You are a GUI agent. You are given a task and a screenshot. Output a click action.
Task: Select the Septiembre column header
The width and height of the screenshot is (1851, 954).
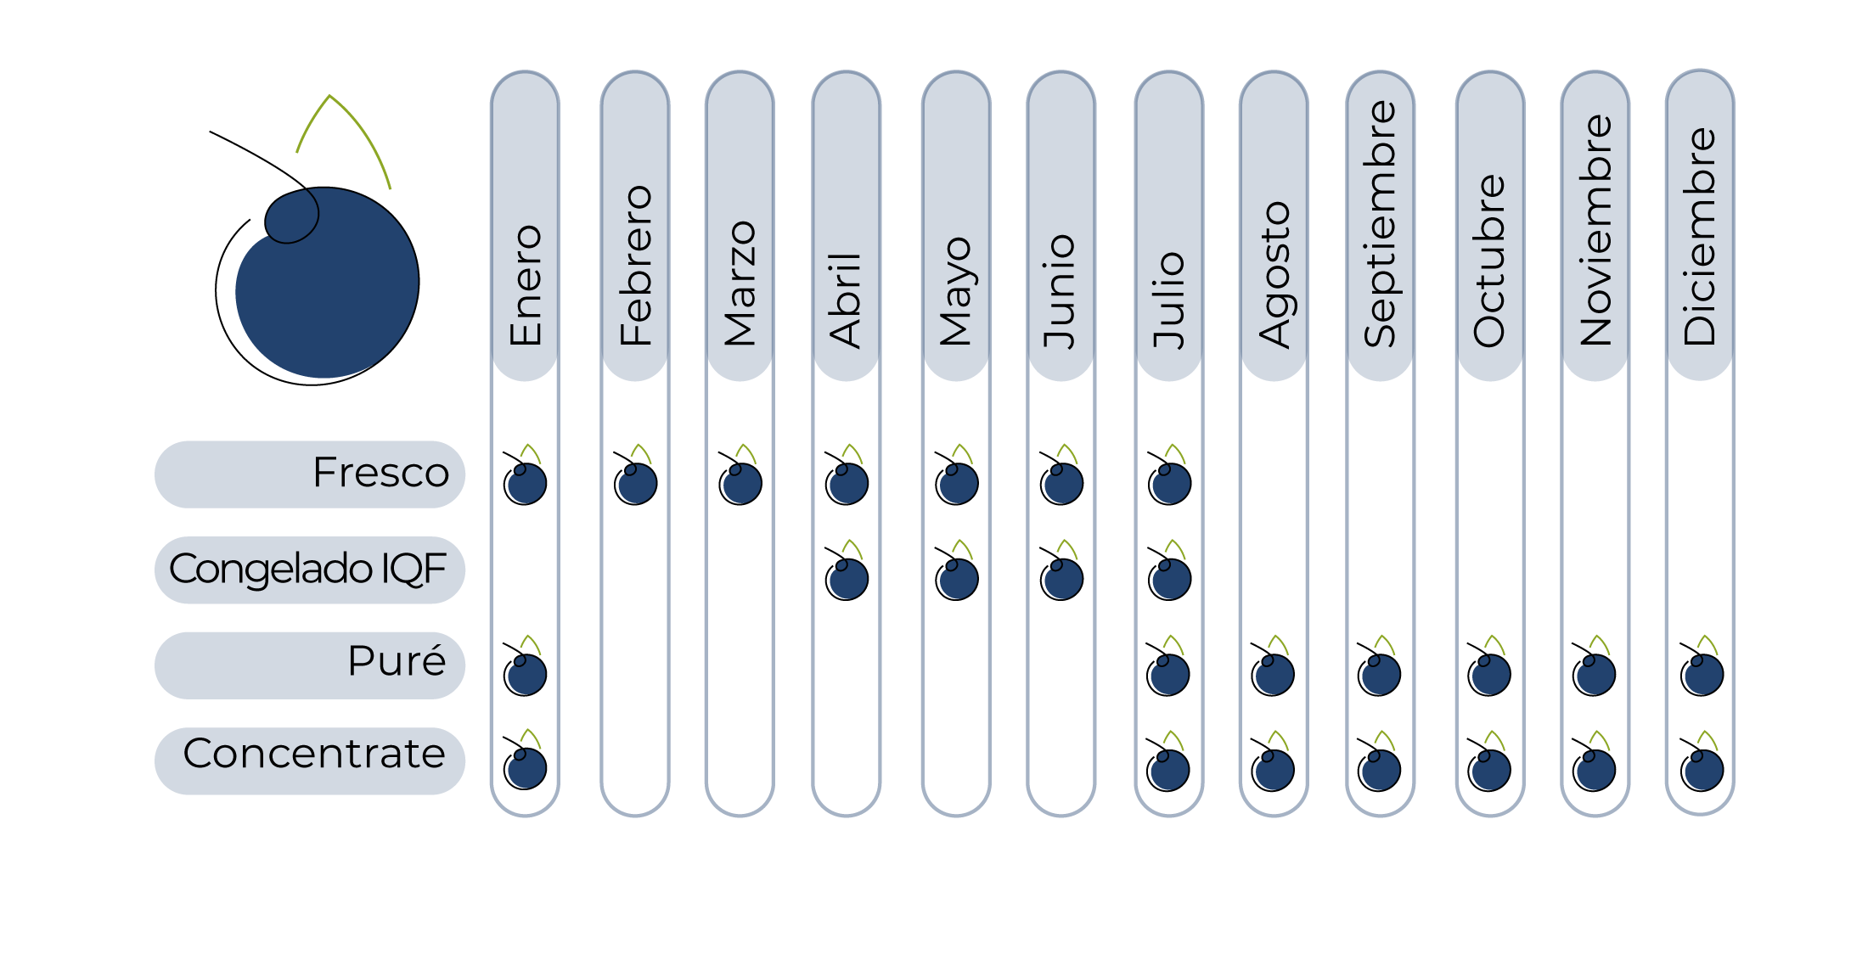point(1380,226)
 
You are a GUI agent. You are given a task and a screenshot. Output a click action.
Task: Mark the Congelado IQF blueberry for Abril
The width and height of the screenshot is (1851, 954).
point(847,578)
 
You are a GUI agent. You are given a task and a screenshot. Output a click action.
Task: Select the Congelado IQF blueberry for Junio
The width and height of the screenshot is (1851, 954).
point(1062,578)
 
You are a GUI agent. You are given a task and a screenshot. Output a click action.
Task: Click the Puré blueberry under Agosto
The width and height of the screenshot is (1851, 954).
point(1274,674)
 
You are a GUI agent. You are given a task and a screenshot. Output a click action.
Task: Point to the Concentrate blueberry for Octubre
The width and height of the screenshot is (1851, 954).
point(1490,769)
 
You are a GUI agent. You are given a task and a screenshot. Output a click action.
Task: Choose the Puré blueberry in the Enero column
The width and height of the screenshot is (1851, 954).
point(526,674)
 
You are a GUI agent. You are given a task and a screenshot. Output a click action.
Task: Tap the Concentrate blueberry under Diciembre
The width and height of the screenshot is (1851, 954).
point(1702,769)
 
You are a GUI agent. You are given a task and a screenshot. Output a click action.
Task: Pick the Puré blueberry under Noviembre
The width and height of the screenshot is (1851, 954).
point(1595,674)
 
